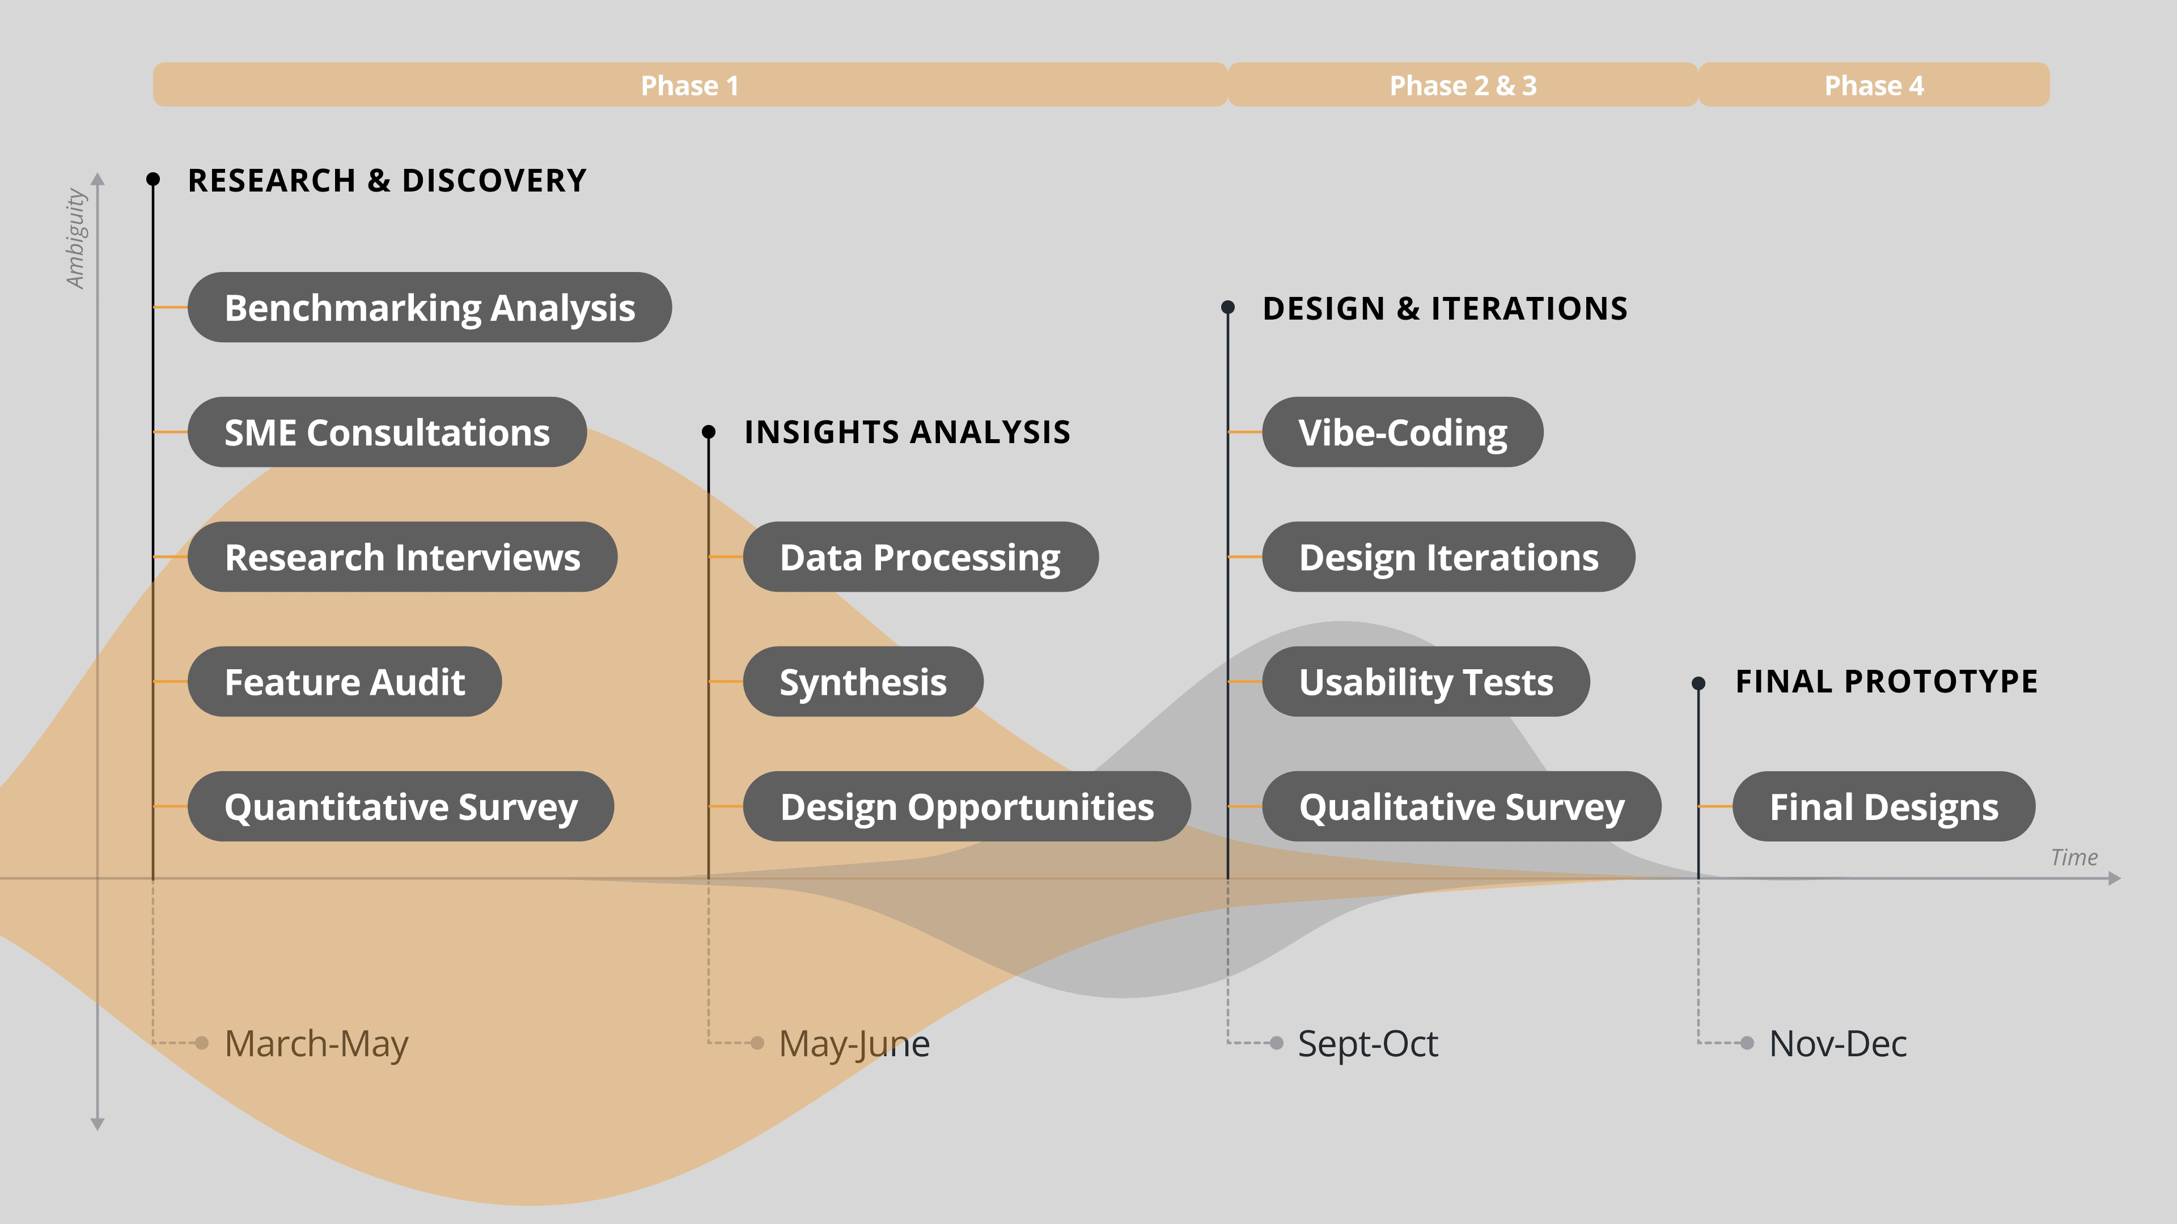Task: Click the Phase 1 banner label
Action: [x=689, y=86]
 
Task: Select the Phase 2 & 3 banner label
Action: [x=1463, y=86]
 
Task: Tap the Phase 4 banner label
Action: [x=1874, y=86]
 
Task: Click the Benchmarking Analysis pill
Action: [x=429, y=308]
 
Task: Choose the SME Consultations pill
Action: [x=387, y=432]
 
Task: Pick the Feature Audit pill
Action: [x=345, y=682]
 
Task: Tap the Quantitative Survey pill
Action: [x=401, y=807]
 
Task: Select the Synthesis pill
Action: [x=863, y=682]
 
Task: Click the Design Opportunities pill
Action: [x=967, y=807]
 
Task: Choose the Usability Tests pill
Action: [x=1426, y=682]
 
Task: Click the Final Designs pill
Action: [x=1884, y=807]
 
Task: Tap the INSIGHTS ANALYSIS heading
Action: [x=907, y=432]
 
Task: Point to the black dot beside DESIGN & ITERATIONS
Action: [x=1228, y=308]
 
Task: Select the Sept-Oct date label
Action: [x=1367, y=1044]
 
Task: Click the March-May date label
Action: [x=316, y=1044]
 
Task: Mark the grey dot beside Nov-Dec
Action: [x=1748, y=1043]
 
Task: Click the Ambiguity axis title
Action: [x=76, y=238]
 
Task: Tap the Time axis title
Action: [x=2074, y=857]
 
